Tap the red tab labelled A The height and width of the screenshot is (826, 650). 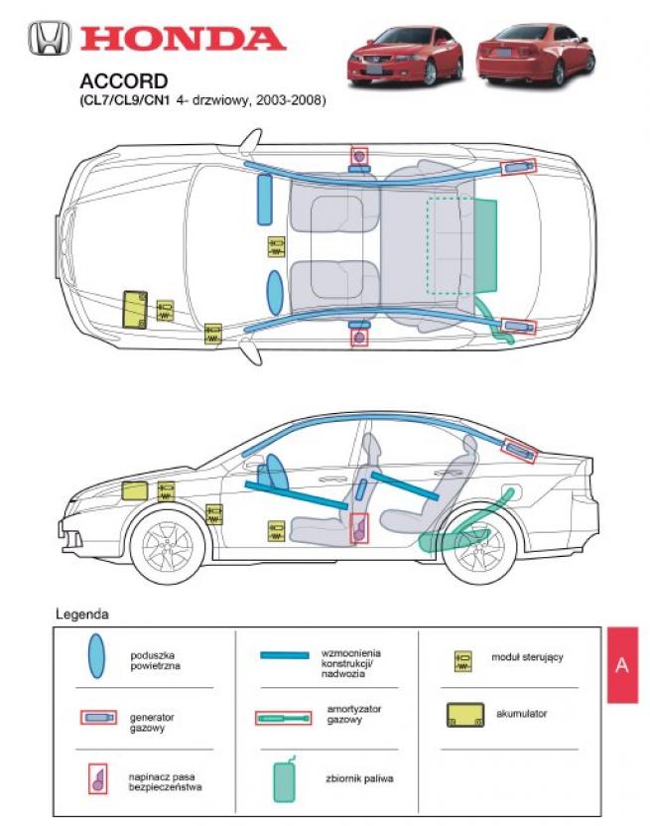[622, 664]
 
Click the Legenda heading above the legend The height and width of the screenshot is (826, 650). [82, 615]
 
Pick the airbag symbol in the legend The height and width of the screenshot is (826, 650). [96, 656]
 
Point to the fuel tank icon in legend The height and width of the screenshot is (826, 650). [286, 778]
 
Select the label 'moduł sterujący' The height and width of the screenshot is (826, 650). [527, 657]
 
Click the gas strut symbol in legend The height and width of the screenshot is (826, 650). [284, 717]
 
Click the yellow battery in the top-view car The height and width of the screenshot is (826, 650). [133, 308]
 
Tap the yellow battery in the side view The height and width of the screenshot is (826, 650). [134, 489]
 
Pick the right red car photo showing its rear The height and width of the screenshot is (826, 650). [536, 55]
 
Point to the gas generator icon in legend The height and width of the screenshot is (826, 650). [96, 717]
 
